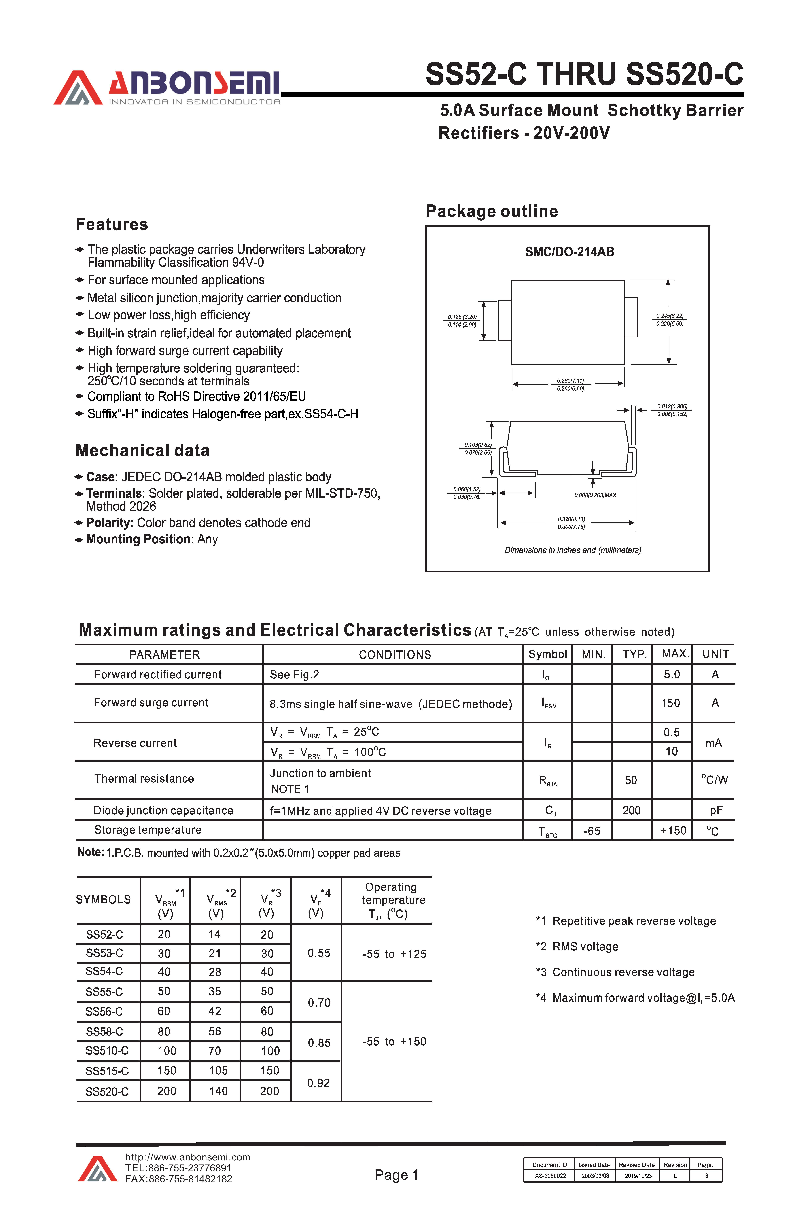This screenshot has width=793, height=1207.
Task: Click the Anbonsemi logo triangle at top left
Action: [78, 89]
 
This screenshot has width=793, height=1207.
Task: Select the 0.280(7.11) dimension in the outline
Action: [570, 380]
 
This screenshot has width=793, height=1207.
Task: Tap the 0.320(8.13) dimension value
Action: [571, 519]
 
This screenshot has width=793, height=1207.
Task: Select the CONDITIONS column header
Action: [394, 655]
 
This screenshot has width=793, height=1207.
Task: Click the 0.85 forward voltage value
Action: [319, 1043]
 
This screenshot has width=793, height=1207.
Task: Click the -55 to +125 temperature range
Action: [394, 954]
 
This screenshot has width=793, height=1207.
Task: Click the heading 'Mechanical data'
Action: [142, 450]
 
